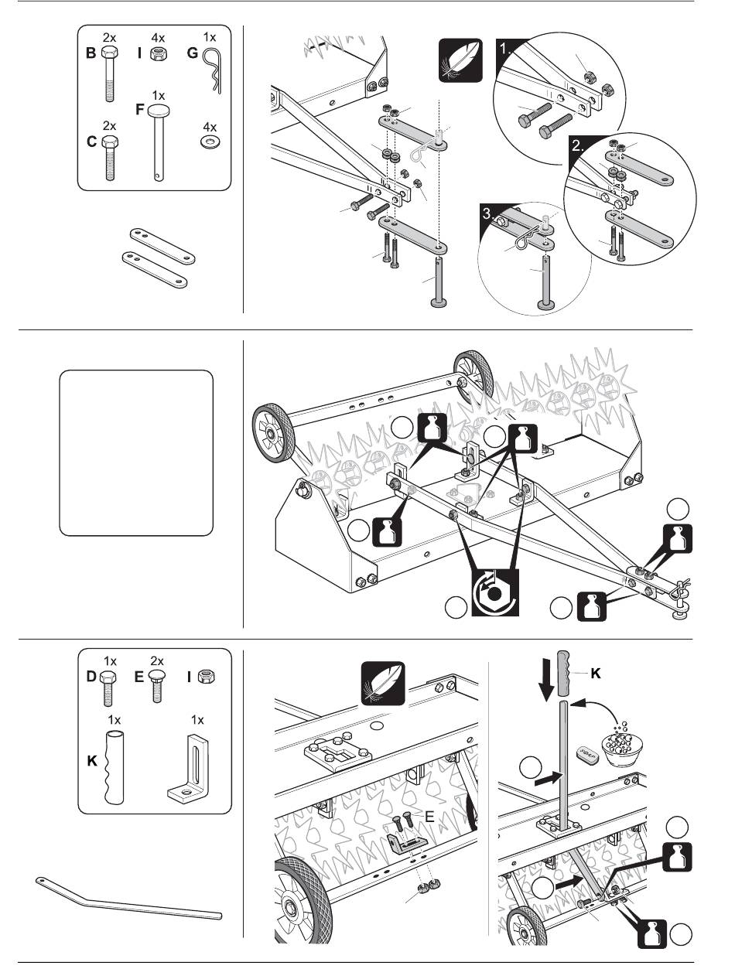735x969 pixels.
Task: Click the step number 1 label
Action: pyautogui.click(x=506, y=47)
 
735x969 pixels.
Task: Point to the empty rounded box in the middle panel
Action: pyautogui.click(x=136, y=452)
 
